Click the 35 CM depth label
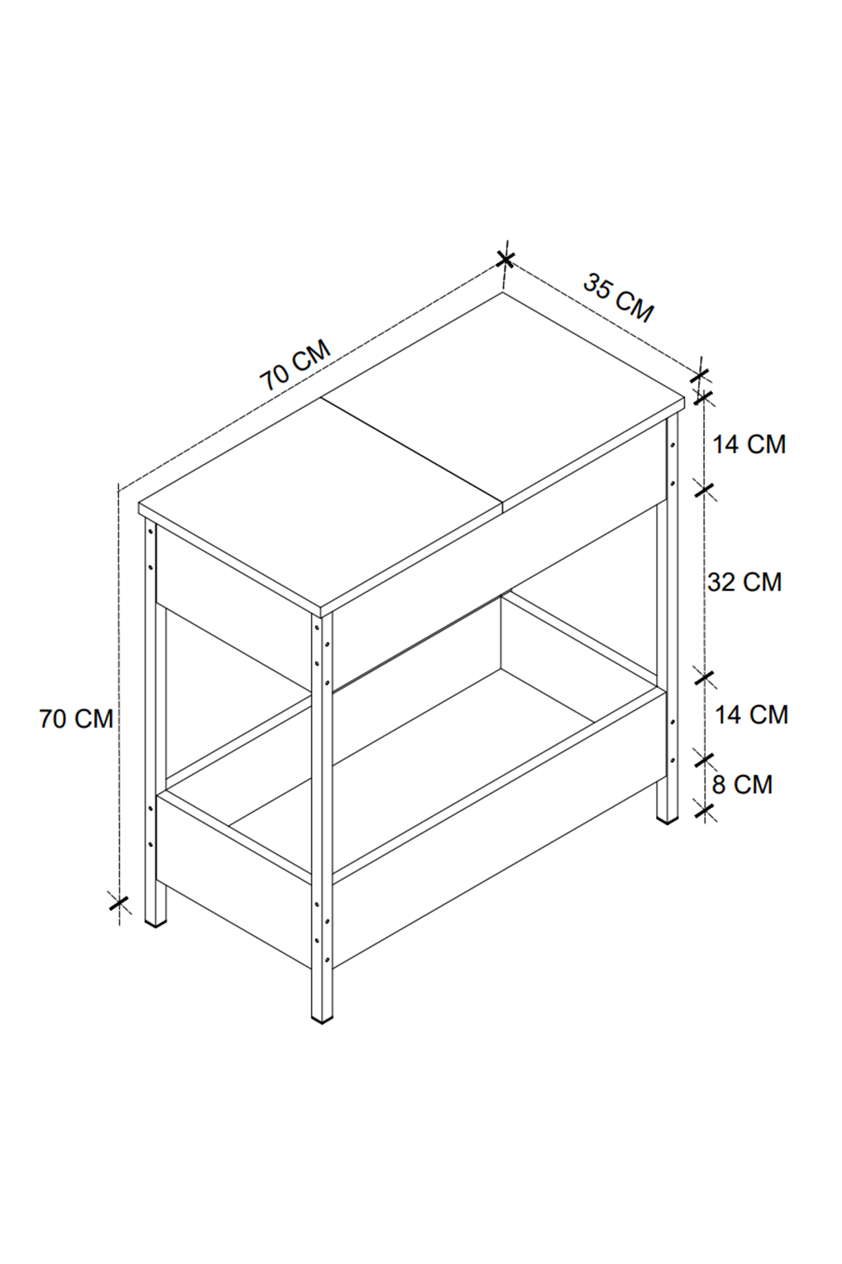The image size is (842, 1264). [618, 299]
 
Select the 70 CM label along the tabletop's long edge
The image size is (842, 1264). [295, 366]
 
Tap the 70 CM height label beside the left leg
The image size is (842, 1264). [76, 719]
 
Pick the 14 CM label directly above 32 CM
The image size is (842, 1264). [749, 445]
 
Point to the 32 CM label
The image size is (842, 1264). [744, 582]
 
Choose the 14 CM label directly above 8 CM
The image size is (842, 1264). [751, 715]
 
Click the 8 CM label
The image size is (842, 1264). [742, 784]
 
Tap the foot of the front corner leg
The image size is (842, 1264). [322, 1015]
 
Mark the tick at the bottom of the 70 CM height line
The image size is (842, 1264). [119, 902]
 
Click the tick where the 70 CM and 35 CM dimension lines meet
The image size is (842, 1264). [504, 260]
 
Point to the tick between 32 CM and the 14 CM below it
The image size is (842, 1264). [704, 678]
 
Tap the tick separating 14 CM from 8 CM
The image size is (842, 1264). [704, 758]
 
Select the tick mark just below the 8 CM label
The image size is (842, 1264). [704, 812]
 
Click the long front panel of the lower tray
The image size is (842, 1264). [498, 829]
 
